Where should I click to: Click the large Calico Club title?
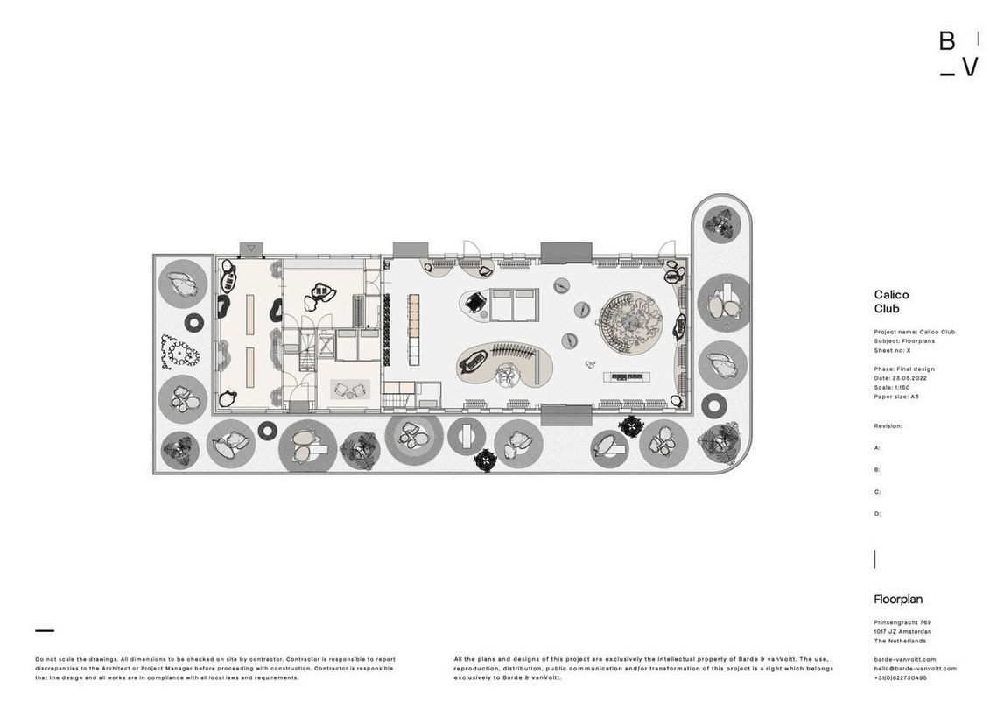pos(891,301)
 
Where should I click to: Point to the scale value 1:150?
pos(902,387)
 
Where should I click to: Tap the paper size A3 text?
pos(914,397)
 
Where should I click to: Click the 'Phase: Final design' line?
pos(904,369)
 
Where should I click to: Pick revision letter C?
pos(877,492)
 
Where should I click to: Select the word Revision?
pos(887,426)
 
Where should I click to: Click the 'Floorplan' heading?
pos(898,600)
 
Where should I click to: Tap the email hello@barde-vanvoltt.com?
pos(915,669)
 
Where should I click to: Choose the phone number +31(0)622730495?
pos(900,678)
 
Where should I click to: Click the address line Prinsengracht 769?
pos(902,622)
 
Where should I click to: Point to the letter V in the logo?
pos(970,67)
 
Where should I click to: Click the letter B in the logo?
pos(947,41)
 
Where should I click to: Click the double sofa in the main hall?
pos(514,305)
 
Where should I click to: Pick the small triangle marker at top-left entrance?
pos(252,249)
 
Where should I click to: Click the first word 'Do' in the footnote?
pos(39,659)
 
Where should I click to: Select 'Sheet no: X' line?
pos(893,350)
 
